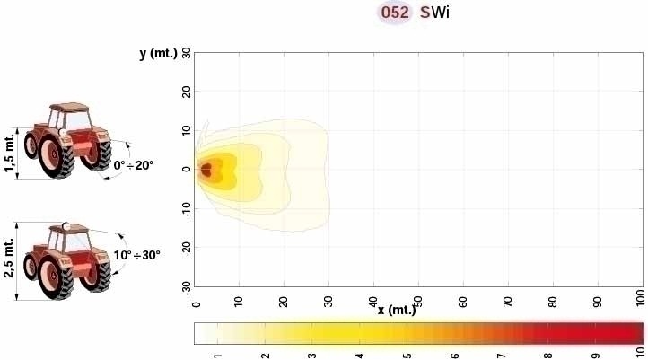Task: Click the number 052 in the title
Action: [395, 13]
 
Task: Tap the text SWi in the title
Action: [434, 13]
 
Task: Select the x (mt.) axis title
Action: [396, 310]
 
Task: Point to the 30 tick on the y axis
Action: [186, 53]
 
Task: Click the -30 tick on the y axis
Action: [186, 285]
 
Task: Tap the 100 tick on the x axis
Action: [640, 297]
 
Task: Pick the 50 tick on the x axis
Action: [417, 295]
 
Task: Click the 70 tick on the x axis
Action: [507, 295]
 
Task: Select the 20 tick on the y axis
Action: [186, 92]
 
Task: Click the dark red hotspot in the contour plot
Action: [206, 170]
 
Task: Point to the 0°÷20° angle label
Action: [135, 165]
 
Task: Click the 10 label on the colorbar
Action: [640, 351]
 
